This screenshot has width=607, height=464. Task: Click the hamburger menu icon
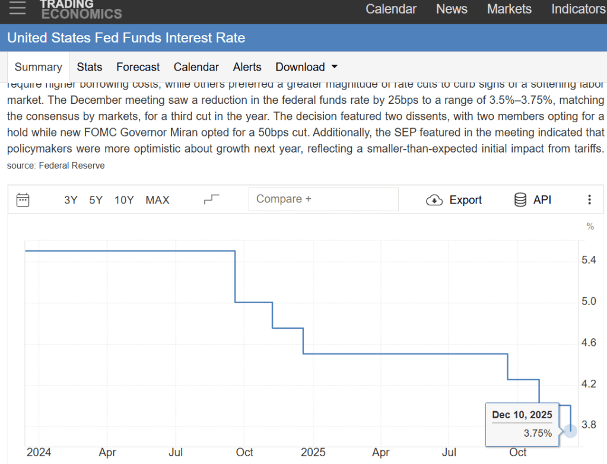click(18, 7)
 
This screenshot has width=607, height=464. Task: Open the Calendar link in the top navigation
click(391, 9)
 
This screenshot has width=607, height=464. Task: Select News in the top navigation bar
click(452, 9)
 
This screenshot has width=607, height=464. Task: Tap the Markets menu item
click(509, 9)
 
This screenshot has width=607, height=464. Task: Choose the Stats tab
click(90, 67)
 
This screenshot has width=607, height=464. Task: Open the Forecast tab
click(138, 67)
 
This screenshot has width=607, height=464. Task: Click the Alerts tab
click(247, 67)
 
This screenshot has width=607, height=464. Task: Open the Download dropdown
click(307, 67)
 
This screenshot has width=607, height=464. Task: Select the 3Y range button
click(71, 200)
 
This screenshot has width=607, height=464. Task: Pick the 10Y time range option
click(124, 200)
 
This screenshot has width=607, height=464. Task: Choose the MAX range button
click(157, 200)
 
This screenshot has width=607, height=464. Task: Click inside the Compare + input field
click(323, 199)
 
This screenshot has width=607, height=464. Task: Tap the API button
click(533, 200)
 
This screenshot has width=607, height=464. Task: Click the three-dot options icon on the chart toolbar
click(589, 200)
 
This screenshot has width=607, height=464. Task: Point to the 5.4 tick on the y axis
click(589, 260)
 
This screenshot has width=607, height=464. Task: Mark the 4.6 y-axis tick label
click(589, 342)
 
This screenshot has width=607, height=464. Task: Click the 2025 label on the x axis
click(313, 453)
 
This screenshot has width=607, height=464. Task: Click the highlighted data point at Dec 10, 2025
click(570, 430)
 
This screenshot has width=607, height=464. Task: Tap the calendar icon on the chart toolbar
click(23, 199)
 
